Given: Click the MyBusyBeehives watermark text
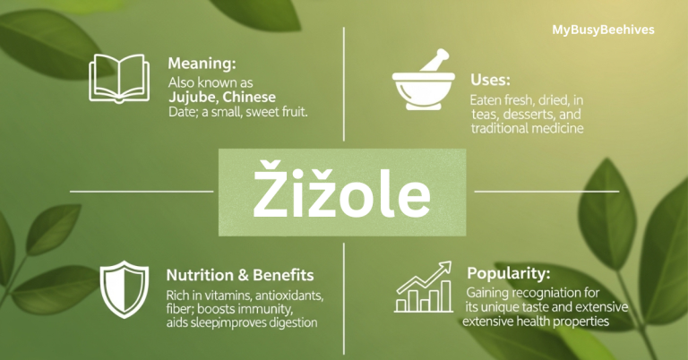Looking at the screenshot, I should click(603, 30).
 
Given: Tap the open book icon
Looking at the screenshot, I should click(118, 77).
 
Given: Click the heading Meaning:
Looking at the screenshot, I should click(202, 64).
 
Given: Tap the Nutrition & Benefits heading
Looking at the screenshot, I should click(239, 274).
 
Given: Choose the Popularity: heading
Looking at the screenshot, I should click(508, 271).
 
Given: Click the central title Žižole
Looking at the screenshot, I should click(342, 193).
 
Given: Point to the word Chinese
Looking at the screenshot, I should click(250, 97).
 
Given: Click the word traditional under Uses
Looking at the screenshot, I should click(500, 129).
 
